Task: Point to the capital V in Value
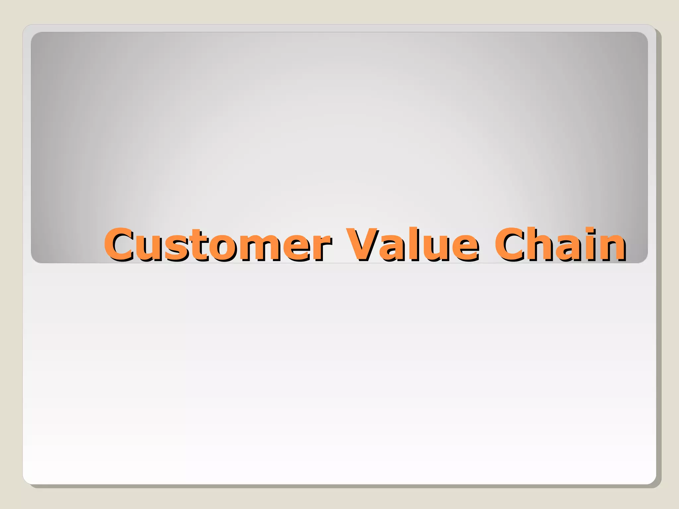coord(362,245)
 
